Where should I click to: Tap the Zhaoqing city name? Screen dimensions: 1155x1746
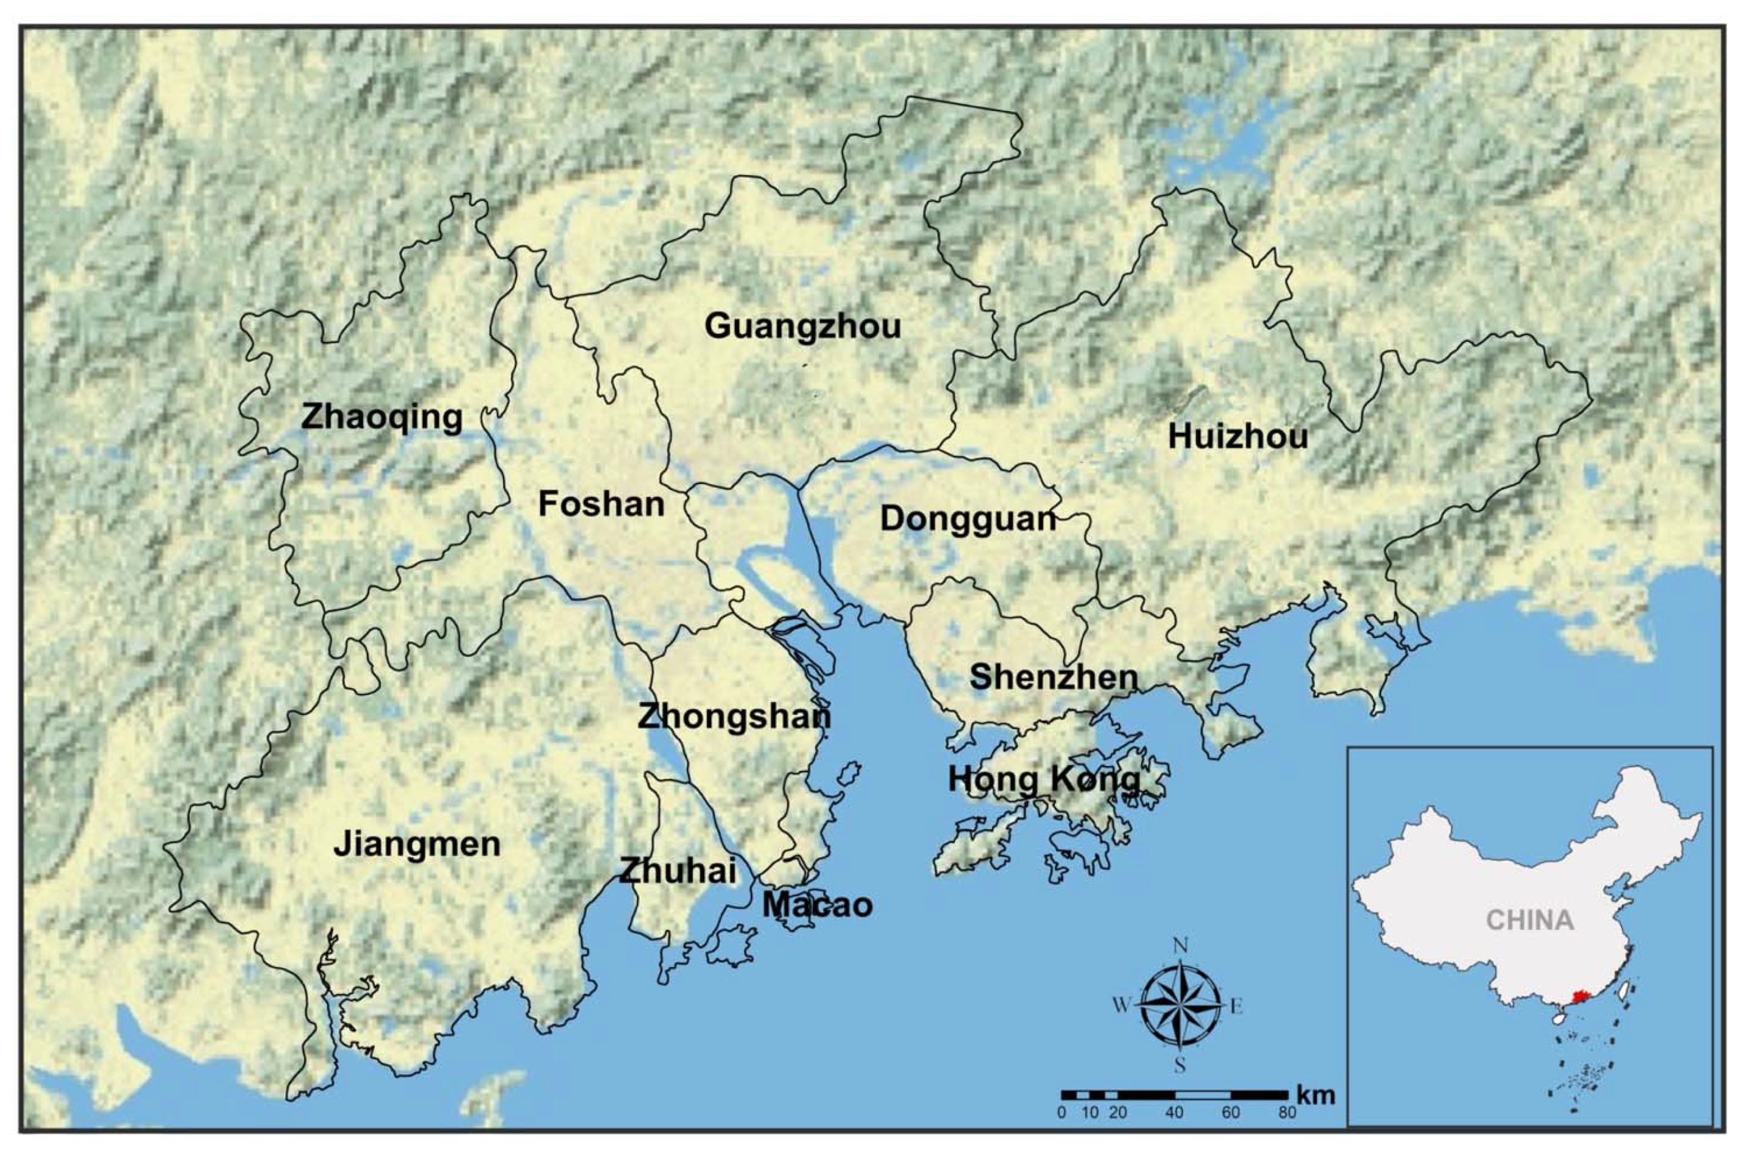coord(382,418)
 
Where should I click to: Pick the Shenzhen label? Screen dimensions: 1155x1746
coord(1054,677)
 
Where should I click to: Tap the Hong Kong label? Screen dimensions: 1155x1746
coord(1044,780)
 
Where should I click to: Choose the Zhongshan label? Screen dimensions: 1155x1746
coord(734,717)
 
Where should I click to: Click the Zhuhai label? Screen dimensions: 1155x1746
coord(677,871)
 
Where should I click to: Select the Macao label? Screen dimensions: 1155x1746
coord(817,905)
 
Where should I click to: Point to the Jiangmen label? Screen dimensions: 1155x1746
coord(417,844)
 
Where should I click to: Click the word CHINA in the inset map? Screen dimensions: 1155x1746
coord(1529,920)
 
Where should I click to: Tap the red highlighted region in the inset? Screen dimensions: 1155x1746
coord(1579,998)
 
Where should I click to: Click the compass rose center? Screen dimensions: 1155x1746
coord(1179,1005)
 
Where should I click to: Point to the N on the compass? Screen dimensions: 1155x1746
coord(1180,946)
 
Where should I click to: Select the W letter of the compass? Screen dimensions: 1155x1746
coord(1120,1005)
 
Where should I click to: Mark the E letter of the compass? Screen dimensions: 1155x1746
coord(1237,1006)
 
